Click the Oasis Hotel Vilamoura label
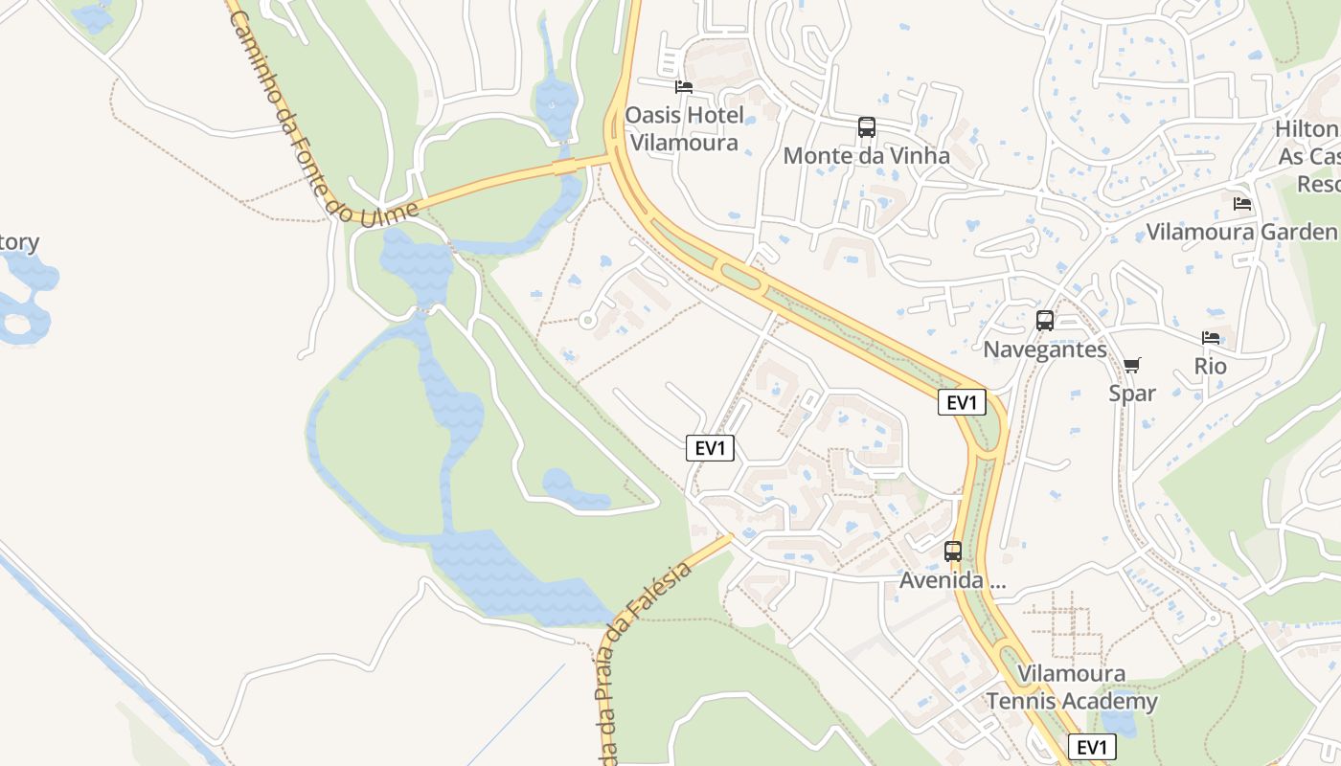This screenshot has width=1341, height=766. [684, 129]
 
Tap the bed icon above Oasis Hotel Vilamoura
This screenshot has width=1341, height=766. [684, 87]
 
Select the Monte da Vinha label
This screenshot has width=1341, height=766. [866, 155]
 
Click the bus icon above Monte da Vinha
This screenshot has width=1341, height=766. [867, 126]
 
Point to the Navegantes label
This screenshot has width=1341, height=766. [1044, 349]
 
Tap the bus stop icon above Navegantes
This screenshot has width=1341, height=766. [1045, 321]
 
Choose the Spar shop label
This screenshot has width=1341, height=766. [1132, 393]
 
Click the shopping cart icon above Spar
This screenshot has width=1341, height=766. [1132, 365]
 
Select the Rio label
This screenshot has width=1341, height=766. [1211, 366]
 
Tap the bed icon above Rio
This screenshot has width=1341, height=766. [1211, 338]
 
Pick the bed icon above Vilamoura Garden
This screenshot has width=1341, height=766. [1242, 204]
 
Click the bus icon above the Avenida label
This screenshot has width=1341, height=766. [953, 552]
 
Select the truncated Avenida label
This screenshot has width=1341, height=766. [953, 580]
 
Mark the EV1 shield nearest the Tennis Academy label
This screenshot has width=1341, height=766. [1091, 747]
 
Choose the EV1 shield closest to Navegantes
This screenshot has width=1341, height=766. [962, 402]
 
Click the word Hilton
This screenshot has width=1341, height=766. [1307, 129]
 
